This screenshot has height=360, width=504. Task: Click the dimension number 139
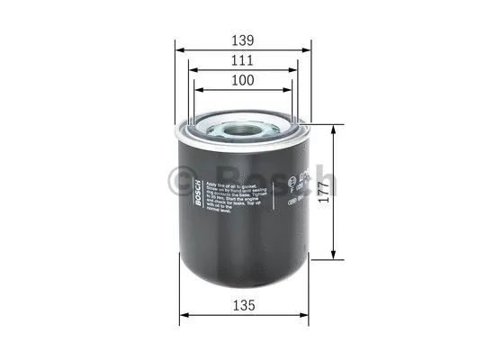coord(242,40)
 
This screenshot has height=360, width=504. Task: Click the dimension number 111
coord(242,60)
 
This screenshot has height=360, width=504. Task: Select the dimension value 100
coord(242,79)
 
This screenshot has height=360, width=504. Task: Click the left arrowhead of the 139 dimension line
coord(179,50)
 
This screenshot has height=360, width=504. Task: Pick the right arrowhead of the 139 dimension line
coord(307,50)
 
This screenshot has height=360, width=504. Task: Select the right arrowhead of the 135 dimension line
coord(301,316)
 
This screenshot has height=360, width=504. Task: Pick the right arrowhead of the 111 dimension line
coord(293,70)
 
